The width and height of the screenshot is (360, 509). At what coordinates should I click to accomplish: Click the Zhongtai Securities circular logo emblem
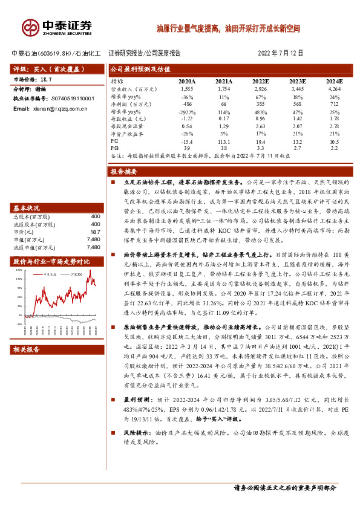(x=30, y=27)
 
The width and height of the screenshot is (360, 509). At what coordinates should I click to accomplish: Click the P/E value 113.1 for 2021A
(x=223, y=141)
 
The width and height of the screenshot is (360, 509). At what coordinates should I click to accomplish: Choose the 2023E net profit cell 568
(x=296, y=104)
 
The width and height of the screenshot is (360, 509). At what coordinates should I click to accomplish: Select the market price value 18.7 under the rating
(x=46, y=80)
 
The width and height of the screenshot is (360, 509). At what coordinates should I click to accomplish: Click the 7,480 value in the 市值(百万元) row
(x=93, y=239)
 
